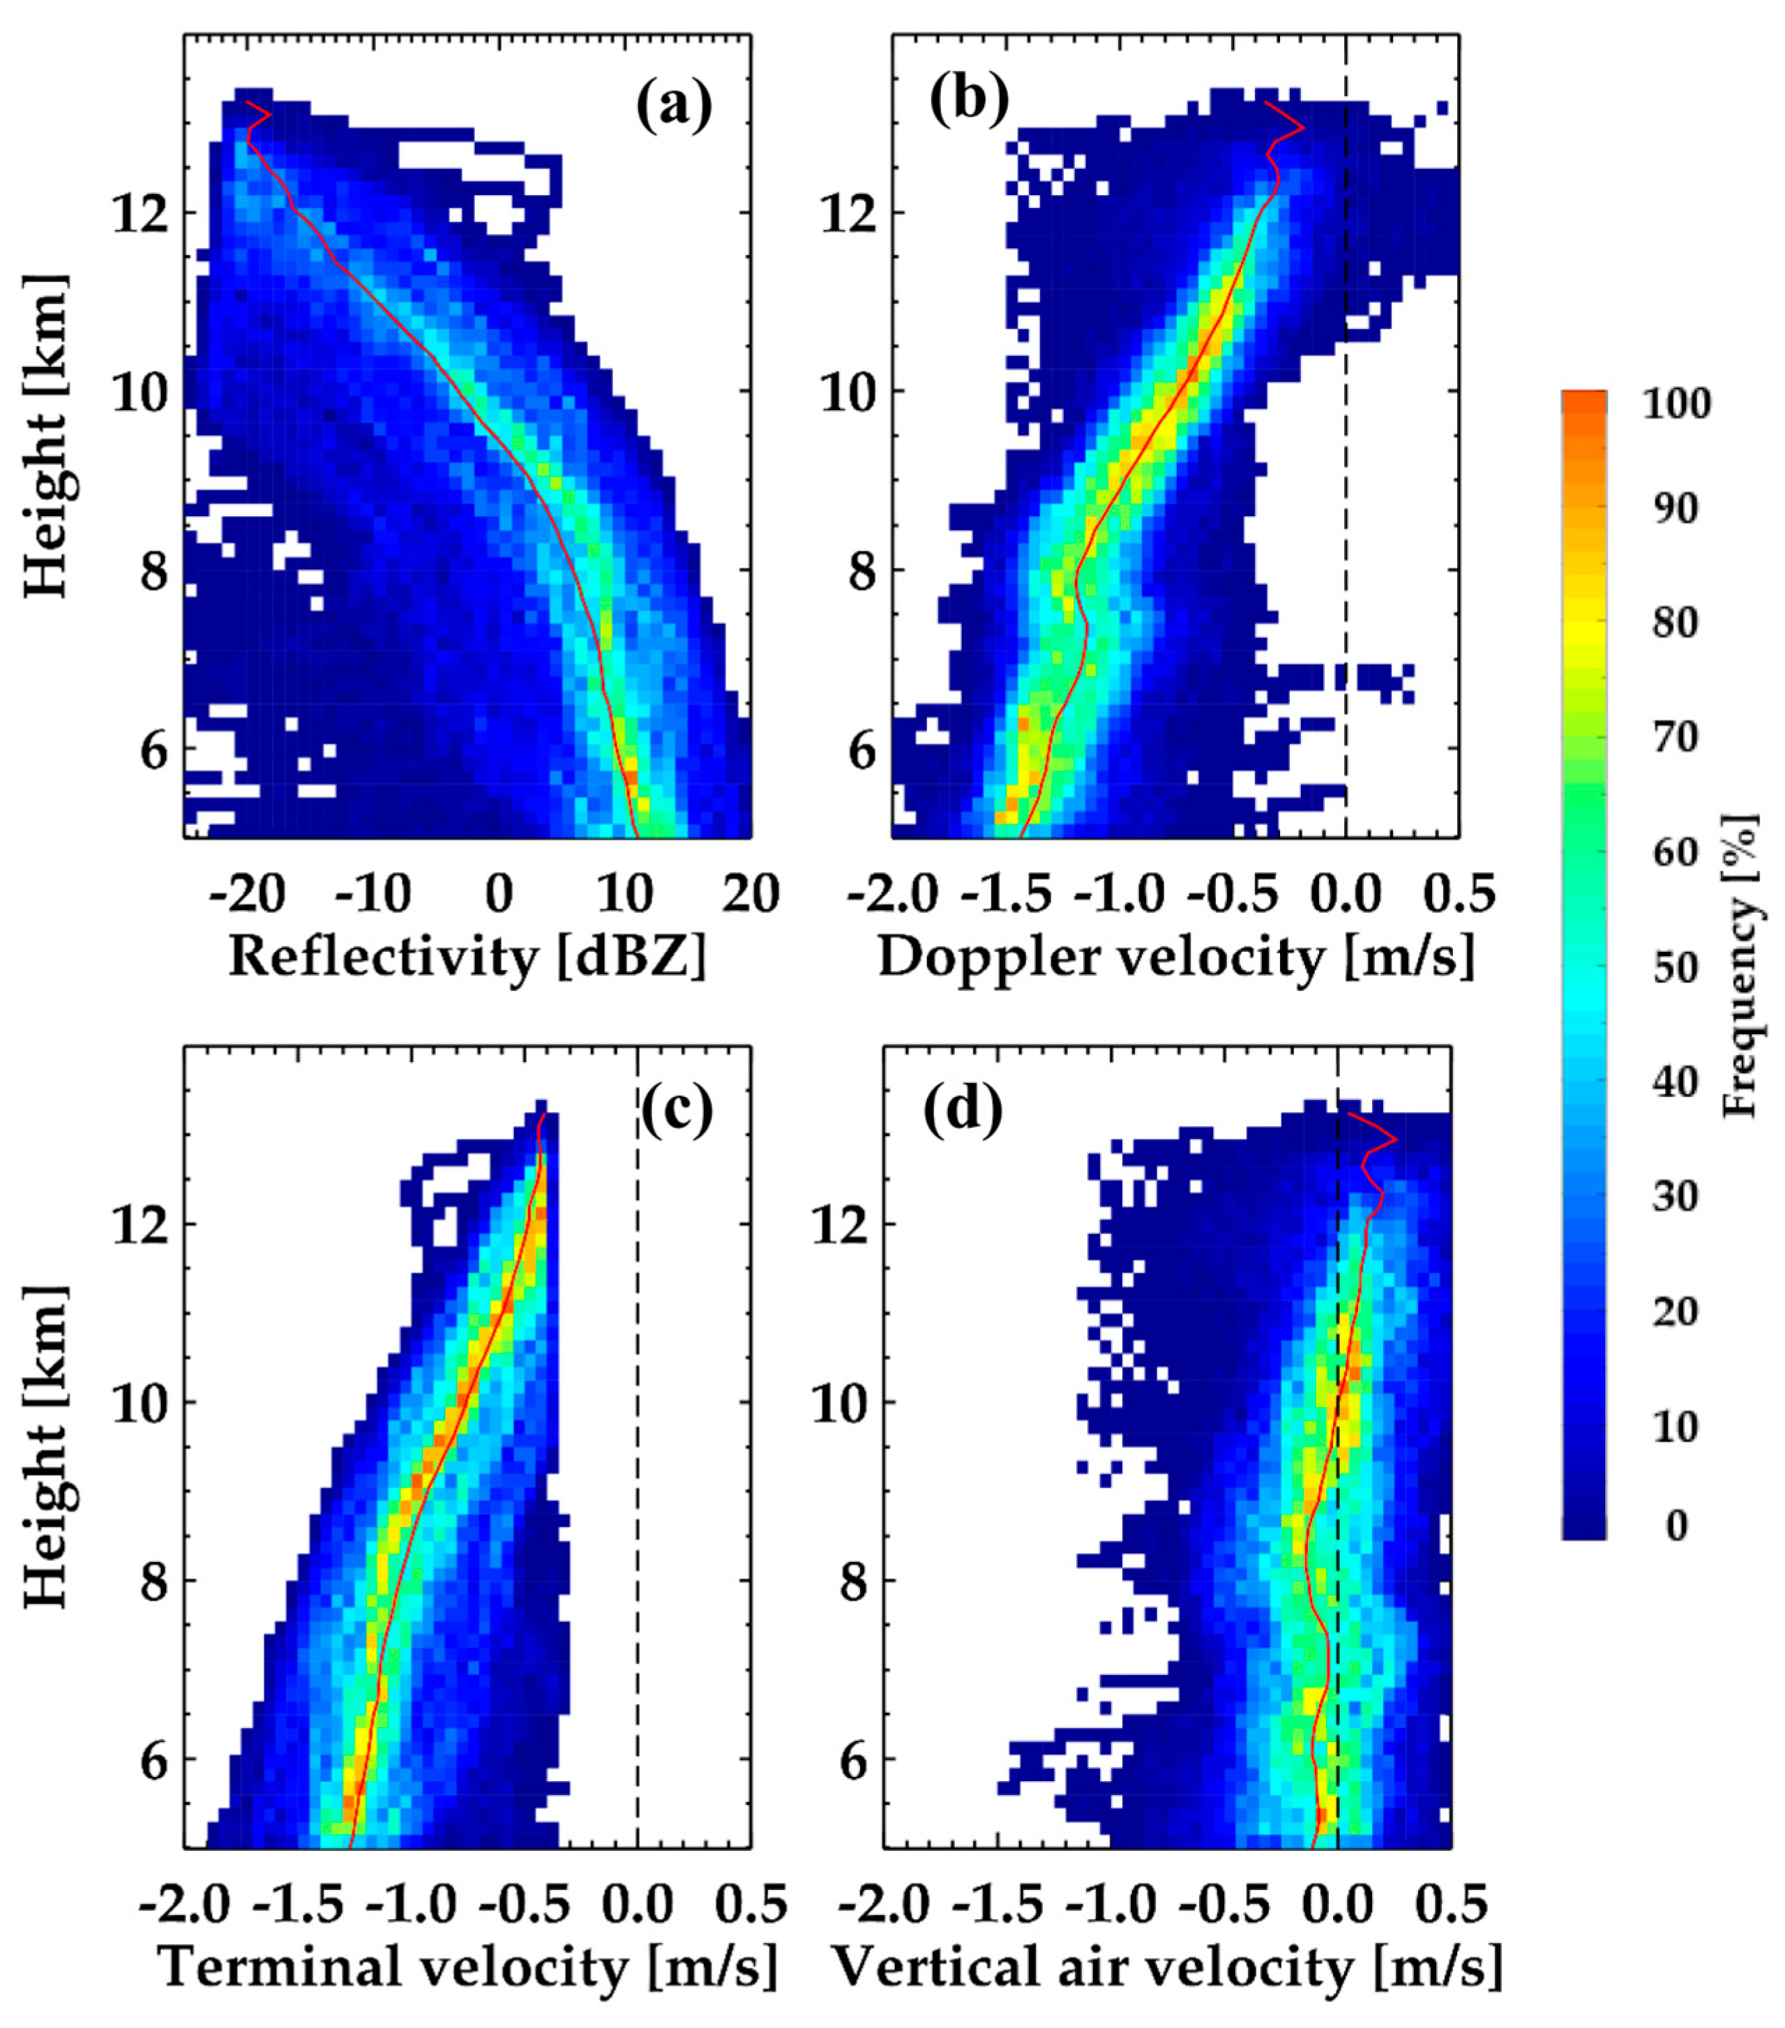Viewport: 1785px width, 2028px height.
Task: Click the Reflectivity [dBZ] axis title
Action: click(x=467, y=958)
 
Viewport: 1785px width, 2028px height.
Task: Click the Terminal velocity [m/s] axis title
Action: click(x=467, y=1967)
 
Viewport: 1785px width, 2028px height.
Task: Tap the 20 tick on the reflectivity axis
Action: click(x=751, y=896)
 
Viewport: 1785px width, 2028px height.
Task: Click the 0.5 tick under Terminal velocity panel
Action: click(x=751, y=1906)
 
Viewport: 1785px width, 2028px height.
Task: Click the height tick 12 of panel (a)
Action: click(x=138, y=213)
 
